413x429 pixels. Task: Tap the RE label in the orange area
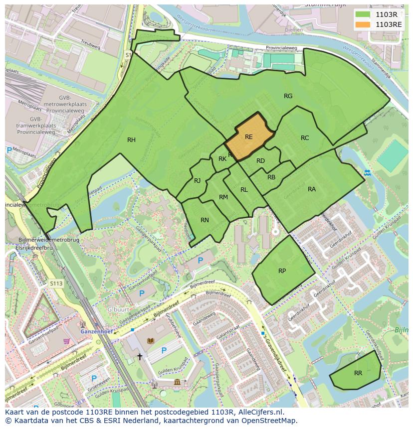pos(248,137)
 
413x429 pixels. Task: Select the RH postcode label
pos(131,140)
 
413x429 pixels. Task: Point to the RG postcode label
pos(288,96)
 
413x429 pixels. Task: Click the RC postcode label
pos(305,138)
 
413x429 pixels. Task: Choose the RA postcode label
pos(312,189)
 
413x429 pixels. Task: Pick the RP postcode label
pos(282,271)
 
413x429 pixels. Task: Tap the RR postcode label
pos(358,373)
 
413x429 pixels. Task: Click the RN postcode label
pos(205,220)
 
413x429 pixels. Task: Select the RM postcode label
pos(223,197)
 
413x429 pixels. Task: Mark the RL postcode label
pos(244,190)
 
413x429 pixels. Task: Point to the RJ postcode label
pos(197,181)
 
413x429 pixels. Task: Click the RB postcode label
pos(271,177)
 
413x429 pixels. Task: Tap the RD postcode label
pos(260,161)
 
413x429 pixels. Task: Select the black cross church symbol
pos(140,357)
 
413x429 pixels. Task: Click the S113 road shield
pos(56,284)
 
